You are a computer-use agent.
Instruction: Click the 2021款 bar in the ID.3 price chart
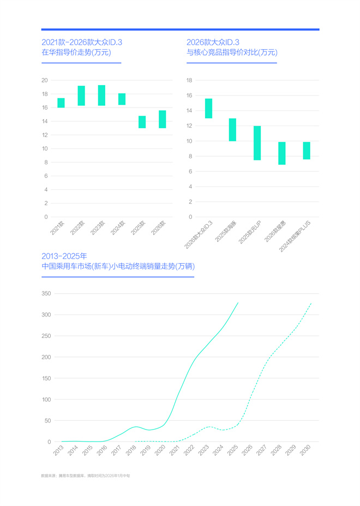click(61, 103)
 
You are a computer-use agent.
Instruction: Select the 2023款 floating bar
click(101, 96)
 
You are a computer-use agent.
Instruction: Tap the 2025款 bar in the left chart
click(142, 122)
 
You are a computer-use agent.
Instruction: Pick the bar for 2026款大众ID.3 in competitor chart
click(208, 108)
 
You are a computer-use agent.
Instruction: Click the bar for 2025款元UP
click(257, 143)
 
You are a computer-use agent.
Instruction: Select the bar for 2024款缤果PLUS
click(307, 151)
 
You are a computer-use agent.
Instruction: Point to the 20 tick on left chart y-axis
click(45, 80)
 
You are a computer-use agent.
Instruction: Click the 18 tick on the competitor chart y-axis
click(190, 80)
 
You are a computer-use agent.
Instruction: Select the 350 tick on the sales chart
click(46, 294)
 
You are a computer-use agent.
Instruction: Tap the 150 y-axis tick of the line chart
click(46, 378)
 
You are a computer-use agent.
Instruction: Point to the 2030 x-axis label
click(305, 451)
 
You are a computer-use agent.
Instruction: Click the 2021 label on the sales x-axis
click(175, 451)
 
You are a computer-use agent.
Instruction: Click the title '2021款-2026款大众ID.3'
click(82, 43)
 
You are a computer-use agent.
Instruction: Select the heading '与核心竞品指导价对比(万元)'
click(232, 53)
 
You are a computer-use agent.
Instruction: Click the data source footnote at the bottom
click(85, 476)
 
